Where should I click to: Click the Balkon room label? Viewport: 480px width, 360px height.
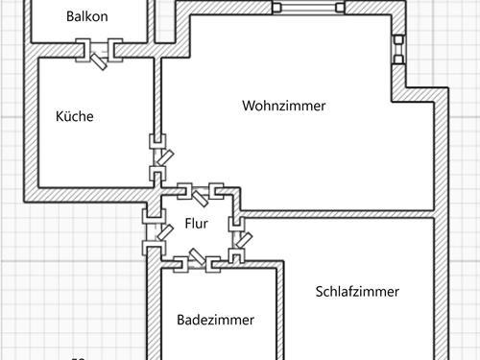click(86, 16)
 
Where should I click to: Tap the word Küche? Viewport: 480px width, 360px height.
click(74, 117)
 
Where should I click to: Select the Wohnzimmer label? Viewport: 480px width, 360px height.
click(283, 106)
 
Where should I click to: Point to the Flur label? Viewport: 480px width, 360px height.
click(196, 224)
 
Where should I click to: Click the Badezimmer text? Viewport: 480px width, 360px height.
click(216, 321)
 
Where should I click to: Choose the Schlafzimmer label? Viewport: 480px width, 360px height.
click(357, 292)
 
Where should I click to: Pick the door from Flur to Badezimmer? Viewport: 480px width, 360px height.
click(196, 257)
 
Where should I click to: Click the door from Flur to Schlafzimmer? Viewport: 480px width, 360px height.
click(236, 239)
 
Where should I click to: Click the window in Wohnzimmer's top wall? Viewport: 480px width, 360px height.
click(308, 8)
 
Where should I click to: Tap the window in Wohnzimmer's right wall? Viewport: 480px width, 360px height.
click(397, 50)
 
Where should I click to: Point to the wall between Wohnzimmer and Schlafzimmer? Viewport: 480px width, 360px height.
click(346, 211)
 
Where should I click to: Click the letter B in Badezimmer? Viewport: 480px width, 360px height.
click(181, 321)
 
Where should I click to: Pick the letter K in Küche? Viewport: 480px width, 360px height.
click(60, 117)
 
